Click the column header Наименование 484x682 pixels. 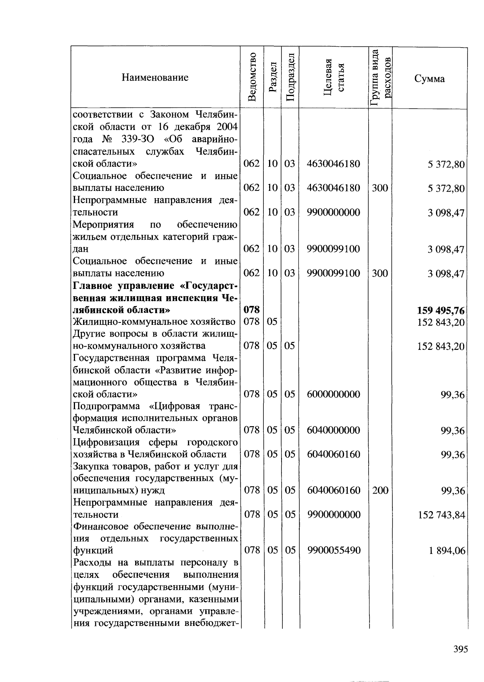pos(155,77)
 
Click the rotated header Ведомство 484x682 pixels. pos(252,77)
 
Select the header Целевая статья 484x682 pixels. pos(334,77)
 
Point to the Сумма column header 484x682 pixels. pos(429,79)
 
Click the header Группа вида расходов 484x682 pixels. pos(380,77)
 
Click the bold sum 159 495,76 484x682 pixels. pos(440,311)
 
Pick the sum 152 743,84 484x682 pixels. pos(441,515)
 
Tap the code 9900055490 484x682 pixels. pos(333,550)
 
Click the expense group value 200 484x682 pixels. pos(380,490)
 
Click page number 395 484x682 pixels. pos(460,649)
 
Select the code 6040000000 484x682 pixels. pos(333,430)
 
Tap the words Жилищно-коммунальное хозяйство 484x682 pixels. pos(154,322)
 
